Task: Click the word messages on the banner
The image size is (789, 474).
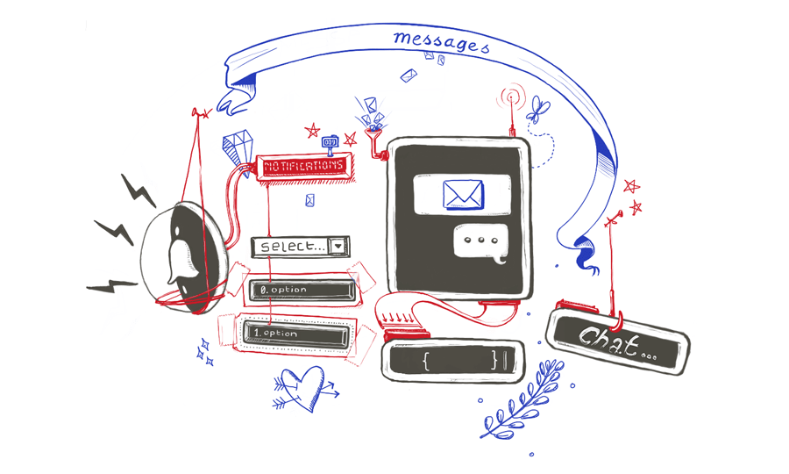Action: [x=441, y=40]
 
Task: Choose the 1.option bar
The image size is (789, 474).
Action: [x=295, y=334]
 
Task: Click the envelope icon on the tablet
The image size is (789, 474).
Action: [x=463, y=194]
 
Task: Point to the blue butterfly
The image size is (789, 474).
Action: [x=537, y=111]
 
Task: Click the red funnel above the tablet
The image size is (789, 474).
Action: [x=375, y=140]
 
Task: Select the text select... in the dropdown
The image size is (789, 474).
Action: [x=292, y=247]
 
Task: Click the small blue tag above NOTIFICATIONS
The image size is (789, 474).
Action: [x=330, y=141]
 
